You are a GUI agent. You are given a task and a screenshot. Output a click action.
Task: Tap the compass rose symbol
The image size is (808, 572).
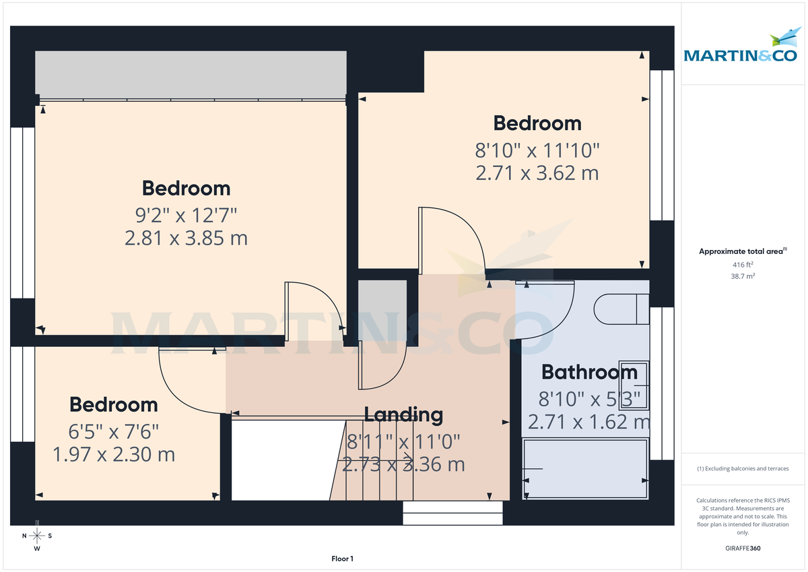click(37, 536)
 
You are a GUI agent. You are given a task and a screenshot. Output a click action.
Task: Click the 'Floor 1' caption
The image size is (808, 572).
click(342, 559)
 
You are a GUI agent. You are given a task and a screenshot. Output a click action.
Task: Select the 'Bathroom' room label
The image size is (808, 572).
click(589, 372)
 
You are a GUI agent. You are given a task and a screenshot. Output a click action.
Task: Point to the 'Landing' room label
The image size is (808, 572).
click(403, 415)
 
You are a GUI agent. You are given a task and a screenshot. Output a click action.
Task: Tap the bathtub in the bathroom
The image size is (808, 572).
click(586, 469)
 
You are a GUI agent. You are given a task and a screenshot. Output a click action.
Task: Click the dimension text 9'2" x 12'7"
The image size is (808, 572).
click(186, 215)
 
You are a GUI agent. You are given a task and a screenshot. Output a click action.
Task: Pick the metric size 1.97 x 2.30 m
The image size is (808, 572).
click(114, 454)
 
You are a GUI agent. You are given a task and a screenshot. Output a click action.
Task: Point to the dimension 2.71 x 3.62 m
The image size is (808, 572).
click(537, 173)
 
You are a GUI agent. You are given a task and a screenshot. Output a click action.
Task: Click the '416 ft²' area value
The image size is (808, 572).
click(743, 265)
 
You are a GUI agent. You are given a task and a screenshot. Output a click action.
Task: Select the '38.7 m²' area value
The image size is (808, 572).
click(743, 276)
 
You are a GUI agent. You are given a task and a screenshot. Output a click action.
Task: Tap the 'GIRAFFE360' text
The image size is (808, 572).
click(743, 548)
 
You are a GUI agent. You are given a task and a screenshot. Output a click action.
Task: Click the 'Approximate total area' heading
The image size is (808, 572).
click(742, 251)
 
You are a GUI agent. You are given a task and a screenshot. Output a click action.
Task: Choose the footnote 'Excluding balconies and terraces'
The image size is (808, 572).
click(743, 468)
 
